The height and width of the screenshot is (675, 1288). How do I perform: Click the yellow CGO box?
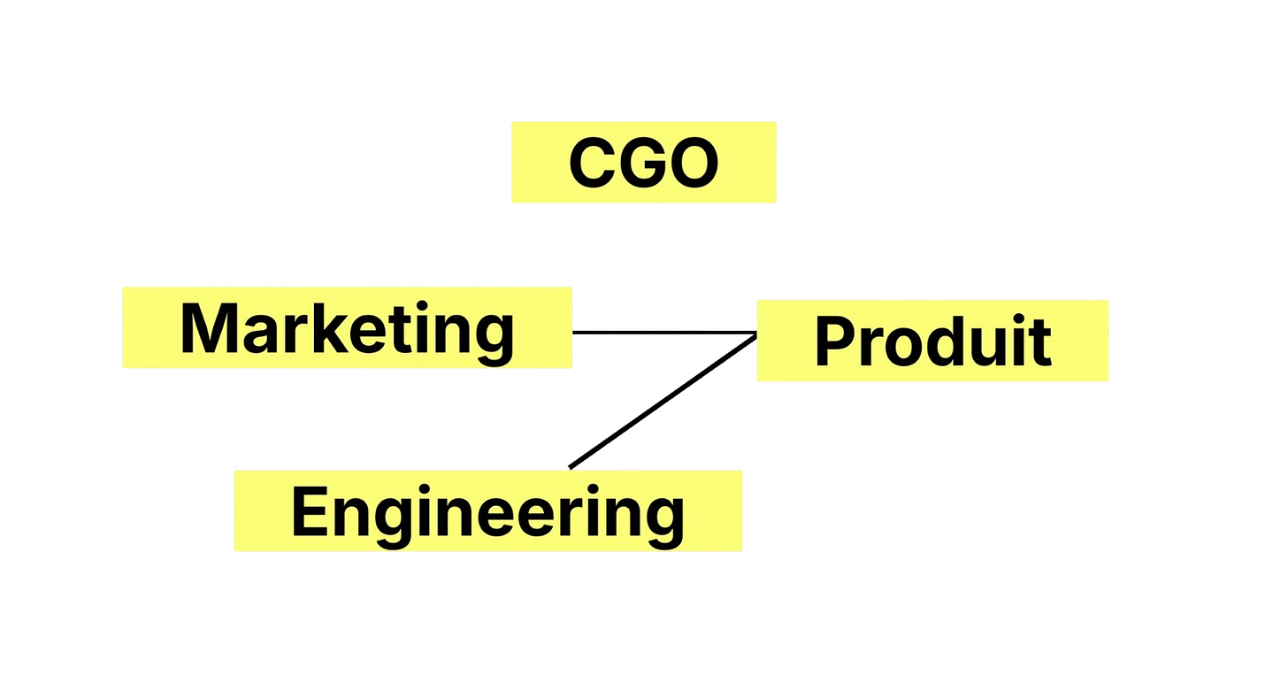(643, 162)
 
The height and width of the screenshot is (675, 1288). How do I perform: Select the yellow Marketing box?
(346, 326)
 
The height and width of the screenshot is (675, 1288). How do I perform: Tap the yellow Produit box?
(931, 341)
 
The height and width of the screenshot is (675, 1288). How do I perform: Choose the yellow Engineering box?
(487, 511)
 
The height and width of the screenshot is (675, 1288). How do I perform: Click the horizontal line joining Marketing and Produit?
(663, 330)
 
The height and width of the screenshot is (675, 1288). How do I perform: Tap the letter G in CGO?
(643, 164)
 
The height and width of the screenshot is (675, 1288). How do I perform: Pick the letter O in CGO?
(694, 164)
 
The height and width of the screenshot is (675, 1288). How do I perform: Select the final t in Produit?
(1040, 343)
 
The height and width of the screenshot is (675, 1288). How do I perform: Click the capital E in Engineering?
(310, 512)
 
